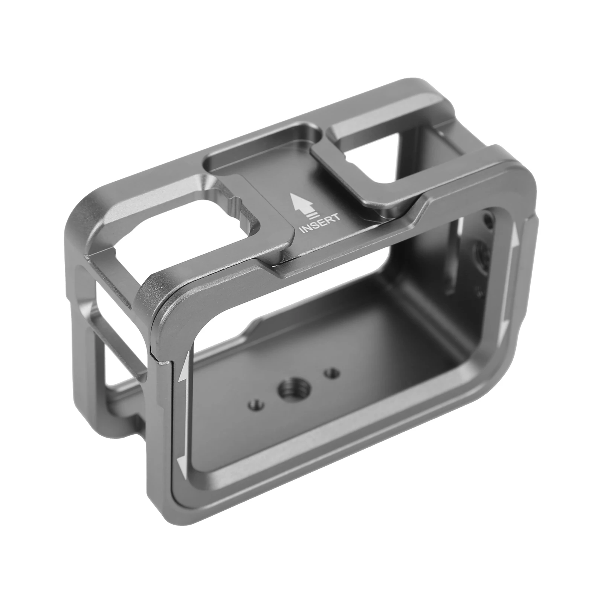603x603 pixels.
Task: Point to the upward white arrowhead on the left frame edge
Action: click(183, 369)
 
